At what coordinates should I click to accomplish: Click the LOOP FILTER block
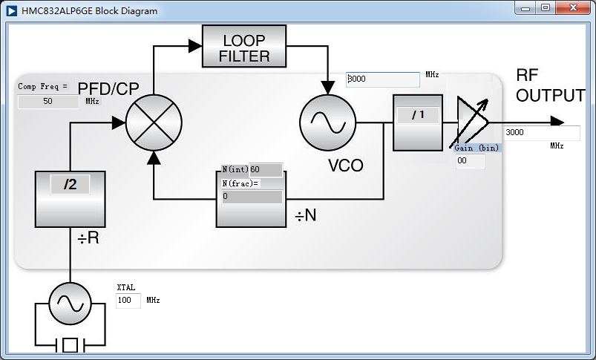pyautogui.click(x=244, y=47)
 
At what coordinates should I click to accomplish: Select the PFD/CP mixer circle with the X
pyautogui.click(x=154, y=123)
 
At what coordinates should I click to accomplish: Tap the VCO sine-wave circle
pyautogui.click(x=327, y=123)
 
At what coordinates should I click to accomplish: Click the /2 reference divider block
pyautogui.click(x=70, y=198)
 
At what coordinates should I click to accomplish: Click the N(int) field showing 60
pyautogui.click(x=266, y=170)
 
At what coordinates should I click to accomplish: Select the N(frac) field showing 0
pyautogui.click(x=252, y=197)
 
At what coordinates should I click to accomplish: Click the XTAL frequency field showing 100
pyautogui.click(x=128, y=301)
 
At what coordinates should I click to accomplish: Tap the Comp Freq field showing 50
pyautogui.click(x=48, y=102)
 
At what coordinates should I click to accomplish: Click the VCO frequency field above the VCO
pyautogui.click(x=382, y=79)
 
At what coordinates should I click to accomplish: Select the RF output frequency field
pyautogui.click(x=542, y=133)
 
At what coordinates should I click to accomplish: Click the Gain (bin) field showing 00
pyautogui.click(x=469, y=161)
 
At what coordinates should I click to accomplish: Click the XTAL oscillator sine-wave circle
pyautogui.click(x=70, y=303)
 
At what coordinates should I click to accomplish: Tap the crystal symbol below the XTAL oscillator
pyautogui.click(x=70, y=345)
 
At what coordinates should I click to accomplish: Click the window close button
pyautogui.click(x=574, y=7)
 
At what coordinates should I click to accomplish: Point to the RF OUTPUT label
pyautogui.click(x=550, y=86)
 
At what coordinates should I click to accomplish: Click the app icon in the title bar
pyautogui.click(x=11, y=11)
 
